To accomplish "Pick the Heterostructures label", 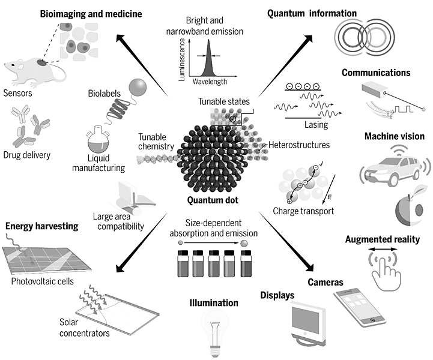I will coord(300,145).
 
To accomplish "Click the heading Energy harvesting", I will coord(42,226).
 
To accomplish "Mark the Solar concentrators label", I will coord(84,328).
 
